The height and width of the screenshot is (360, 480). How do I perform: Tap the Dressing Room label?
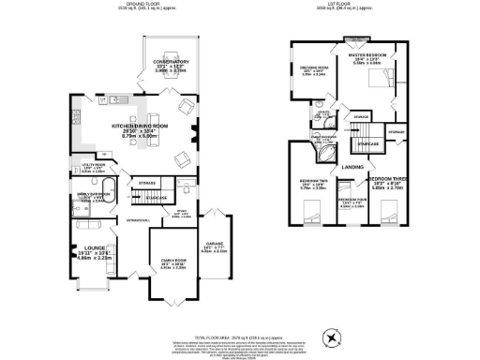point(313,69)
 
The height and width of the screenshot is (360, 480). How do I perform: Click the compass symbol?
point(330,337)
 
